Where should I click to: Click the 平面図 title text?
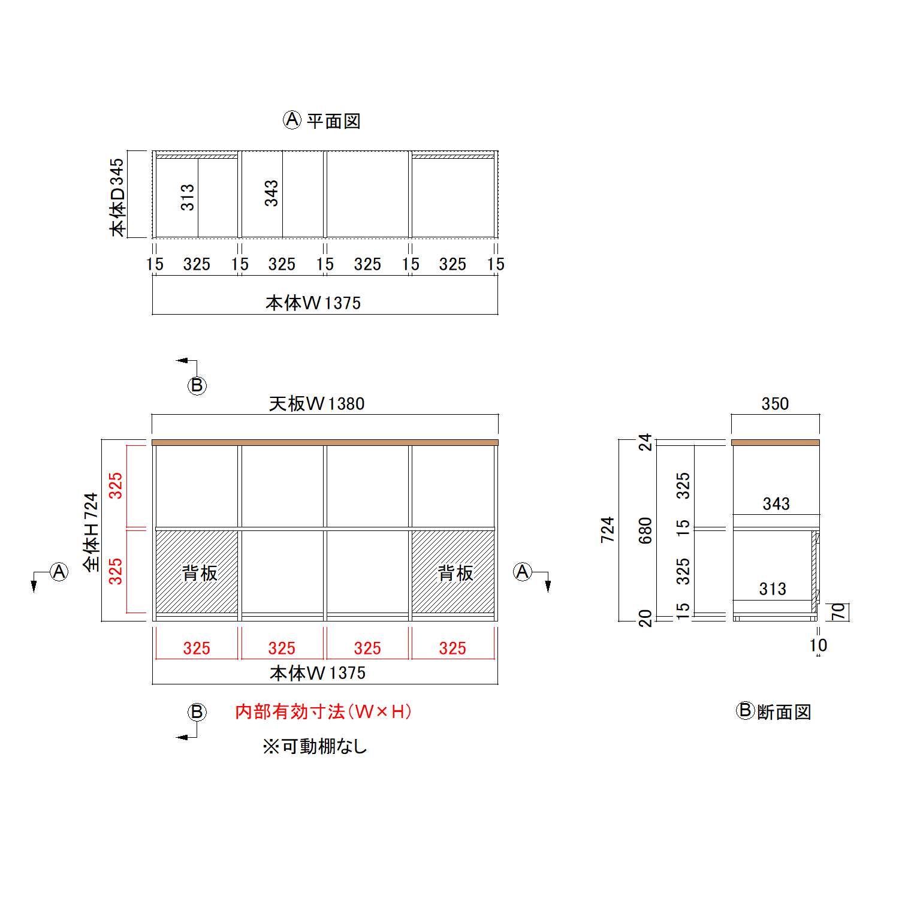pos(333,121)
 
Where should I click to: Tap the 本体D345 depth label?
pos(117,197)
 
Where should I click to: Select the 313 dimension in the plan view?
pos(188,197)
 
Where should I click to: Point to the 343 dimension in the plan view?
pos(271,193)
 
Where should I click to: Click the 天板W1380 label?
pos(316,403)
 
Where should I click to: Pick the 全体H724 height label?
pos(90,532)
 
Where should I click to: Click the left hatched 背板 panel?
pos(197,571)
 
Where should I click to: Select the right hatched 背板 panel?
pos(453,571)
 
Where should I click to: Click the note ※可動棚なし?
pos(315,746)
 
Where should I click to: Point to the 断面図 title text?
pos(784,712)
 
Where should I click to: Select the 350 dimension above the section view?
pos(775,403)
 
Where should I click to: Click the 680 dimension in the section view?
pos(645,530)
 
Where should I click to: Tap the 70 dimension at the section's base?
pos(838,611)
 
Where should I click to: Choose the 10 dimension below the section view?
pos(818,645)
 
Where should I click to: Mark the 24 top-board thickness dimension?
pos(645,442)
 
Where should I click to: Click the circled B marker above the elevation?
pos(197,385)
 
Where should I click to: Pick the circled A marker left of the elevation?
pos(59,572)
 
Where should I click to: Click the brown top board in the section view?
pos(775,442)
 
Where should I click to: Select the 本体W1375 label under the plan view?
pos(313,303)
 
